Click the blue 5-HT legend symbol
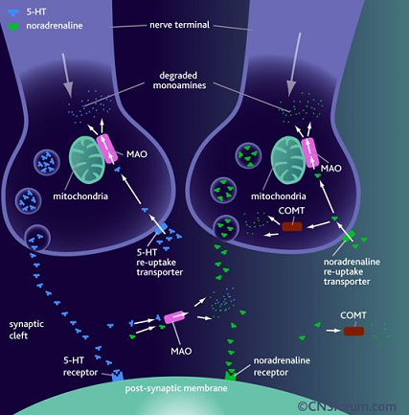13,12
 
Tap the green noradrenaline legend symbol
13,27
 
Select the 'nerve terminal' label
179,25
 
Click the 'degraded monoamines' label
179,81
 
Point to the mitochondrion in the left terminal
87,156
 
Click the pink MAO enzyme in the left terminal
106,150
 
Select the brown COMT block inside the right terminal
292,226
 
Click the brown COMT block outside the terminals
353,332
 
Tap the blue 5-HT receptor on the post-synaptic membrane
117,376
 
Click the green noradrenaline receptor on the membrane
231,375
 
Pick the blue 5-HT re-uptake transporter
161,228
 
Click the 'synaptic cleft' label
27,330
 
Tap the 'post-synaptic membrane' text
176,388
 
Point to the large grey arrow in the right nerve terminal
294,64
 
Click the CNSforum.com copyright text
347,406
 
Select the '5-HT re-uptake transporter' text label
160,263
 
